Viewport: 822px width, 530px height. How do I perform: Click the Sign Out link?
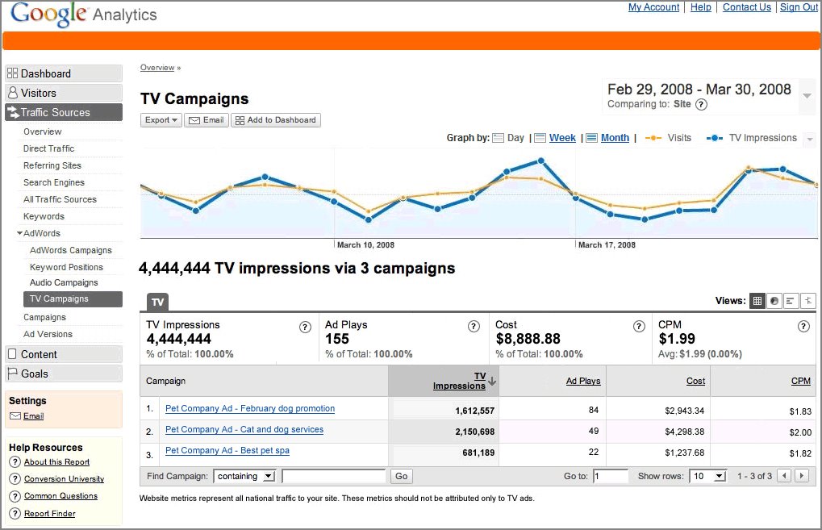(799, 7)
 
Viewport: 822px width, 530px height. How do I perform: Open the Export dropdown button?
(161, 120)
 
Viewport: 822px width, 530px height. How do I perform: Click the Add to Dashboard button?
(276, 120)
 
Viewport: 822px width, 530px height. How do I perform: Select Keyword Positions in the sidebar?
(66, 267)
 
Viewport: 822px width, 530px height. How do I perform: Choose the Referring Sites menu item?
(52, 165)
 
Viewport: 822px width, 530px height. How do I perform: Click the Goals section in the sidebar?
(34, 374)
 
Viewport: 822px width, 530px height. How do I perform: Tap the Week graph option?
(562, 138)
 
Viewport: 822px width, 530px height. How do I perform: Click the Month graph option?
(615, 138)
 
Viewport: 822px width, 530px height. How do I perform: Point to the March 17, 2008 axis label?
(607, 244)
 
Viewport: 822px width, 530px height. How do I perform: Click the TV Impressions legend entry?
(762, 138)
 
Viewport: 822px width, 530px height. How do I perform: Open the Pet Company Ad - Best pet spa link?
(227, 450)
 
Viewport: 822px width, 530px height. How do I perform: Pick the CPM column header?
(800, 381)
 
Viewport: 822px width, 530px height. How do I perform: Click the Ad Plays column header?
(583, 381)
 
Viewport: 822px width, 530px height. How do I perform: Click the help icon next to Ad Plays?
(474, 327)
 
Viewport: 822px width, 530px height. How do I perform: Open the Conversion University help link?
(64, 479)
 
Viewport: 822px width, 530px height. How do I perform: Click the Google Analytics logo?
(84, 14)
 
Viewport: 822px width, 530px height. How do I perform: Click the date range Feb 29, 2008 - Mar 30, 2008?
(699, 90)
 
